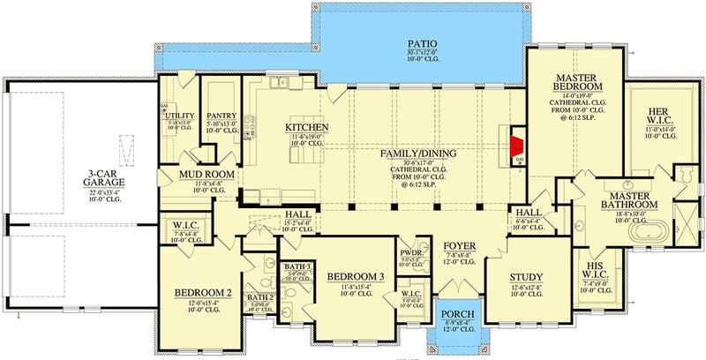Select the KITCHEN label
click(x=306, y=129)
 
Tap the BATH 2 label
click(x=260, y=297)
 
